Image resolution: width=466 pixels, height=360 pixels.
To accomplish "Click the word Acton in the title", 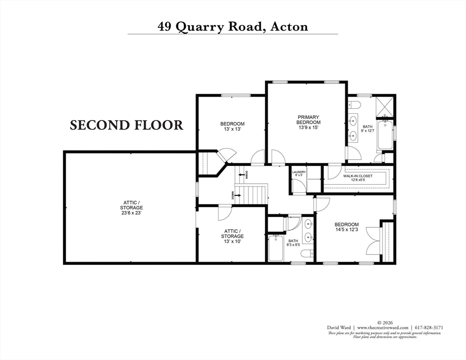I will click(x=289, y=26).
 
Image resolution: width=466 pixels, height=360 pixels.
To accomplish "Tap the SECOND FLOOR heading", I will click(x=126, y=125).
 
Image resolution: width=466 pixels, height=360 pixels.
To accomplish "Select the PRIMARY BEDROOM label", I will click(x=308, y=120).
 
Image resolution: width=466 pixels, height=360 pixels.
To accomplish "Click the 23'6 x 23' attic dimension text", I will click(x=131, y=212).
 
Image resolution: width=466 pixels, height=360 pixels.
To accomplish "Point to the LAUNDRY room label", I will click(x=299, y=172).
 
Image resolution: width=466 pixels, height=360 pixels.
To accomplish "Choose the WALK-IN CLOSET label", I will click(x=357, y=176).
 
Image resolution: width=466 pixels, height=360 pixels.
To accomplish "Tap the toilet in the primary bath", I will click(x=355, y=104).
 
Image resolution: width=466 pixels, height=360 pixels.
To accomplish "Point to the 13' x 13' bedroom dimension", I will click(x=232, y=130).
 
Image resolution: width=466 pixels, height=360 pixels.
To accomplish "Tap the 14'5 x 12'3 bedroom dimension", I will click(x=346, y=230).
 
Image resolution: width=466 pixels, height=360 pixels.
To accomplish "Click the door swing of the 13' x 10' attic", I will click(x=224, y=214).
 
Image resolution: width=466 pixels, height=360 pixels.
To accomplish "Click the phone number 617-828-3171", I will click(x=428, y=327).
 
